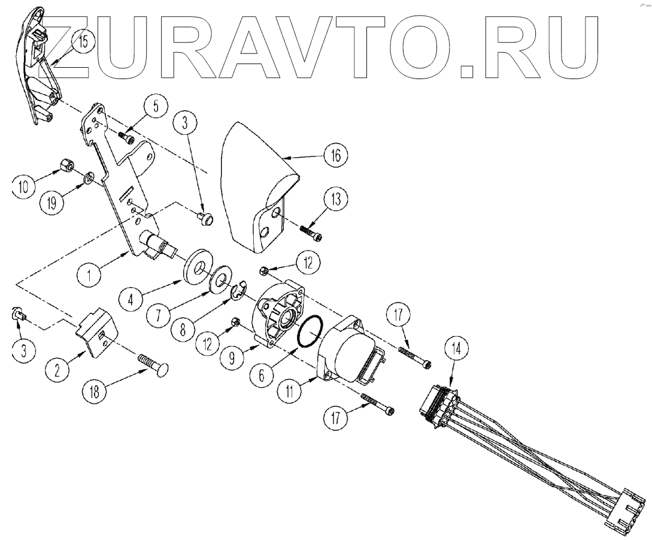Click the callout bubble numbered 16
click(x=335, y=156)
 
